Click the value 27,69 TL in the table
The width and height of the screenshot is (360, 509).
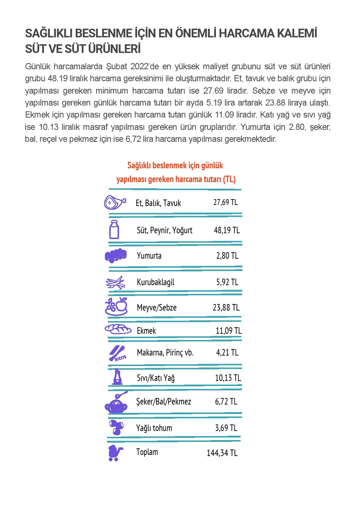point(225,202)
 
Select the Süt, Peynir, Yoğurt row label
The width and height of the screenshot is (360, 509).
point(164,230)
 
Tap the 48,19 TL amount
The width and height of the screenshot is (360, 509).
point(227,230)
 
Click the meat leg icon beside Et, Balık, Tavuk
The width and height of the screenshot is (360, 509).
point(114,202)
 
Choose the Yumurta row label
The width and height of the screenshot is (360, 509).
point(149,256)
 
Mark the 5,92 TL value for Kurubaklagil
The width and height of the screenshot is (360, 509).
point(227,282)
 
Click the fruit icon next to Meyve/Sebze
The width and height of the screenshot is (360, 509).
point(116,306)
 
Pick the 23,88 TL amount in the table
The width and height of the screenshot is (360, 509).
point(226,308)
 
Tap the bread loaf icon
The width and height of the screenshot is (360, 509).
point(118,329)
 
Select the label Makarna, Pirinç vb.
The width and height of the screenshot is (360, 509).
point(165,353)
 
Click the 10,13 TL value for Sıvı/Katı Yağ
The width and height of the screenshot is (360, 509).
point(228,378)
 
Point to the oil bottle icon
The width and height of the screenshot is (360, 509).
point(117,377)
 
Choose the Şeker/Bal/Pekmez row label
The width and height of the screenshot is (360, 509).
point(163,402)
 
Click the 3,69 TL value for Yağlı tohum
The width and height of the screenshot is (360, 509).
point(226,428)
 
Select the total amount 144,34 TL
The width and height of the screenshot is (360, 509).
point(222,453)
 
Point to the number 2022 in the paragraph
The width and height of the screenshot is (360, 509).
point(138,66)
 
